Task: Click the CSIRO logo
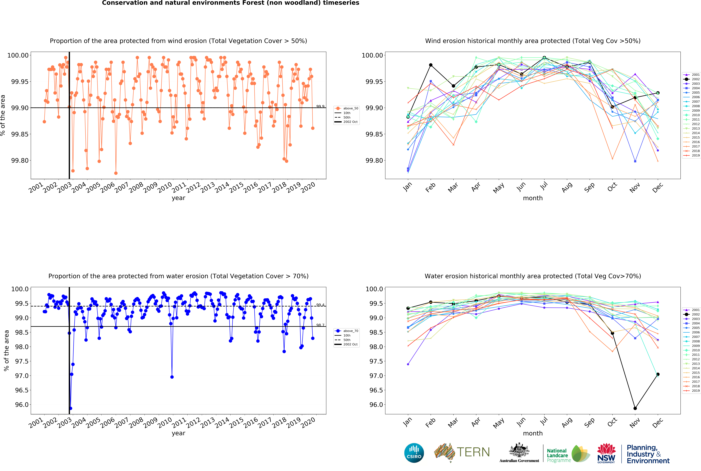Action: pos(414,453)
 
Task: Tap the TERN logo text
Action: pos(473,452)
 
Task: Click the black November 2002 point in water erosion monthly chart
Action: pos(635,408)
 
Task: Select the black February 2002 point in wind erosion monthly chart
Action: pos(431,65)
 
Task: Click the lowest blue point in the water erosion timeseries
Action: pos(71,408)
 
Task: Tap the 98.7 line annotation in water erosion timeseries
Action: pos(320,325)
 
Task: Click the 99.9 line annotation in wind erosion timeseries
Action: pos(320,106)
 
